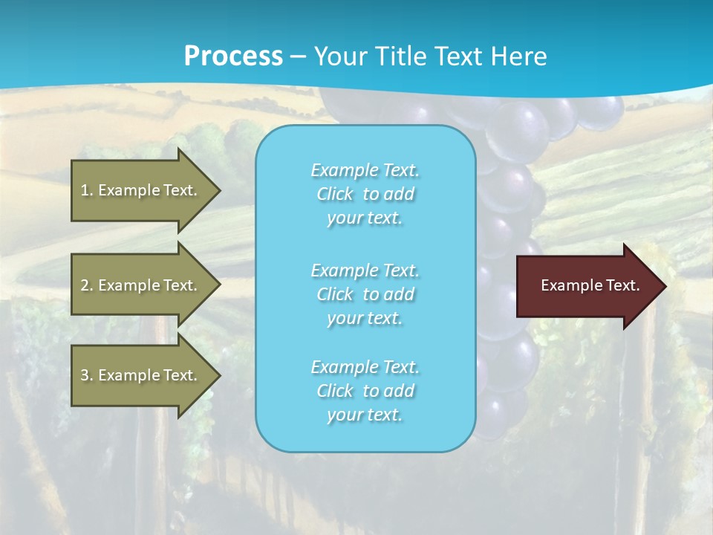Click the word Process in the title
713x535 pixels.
point(233,56)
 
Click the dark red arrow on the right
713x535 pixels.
point(587,286)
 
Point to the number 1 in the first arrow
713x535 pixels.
point(85,190)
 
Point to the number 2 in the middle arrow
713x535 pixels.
point(85,285)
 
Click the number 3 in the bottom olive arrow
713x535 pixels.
point(85,375)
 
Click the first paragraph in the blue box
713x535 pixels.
point(365,194)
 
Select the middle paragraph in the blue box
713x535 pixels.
point(365,294)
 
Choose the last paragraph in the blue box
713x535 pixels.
point(365,391)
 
